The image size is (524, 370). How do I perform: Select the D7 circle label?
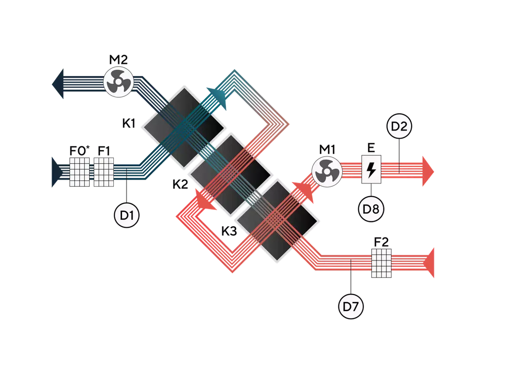tap(350, 307)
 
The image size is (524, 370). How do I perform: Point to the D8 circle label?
tap(370, 209)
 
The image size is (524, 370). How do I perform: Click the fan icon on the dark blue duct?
tap(116, 81)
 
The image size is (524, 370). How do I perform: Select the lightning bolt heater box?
tap(371, 171)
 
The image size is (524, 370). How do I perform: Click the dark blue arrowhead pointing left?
tap(60, 84)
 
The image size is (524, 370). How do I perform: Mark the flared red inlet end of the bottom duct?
tap(430, 263)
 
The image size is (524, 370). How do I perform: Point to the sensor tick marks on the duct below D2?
tap(399, 167)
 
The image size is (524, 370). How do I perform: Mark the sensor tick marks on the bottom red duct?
tap(350, 264)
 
